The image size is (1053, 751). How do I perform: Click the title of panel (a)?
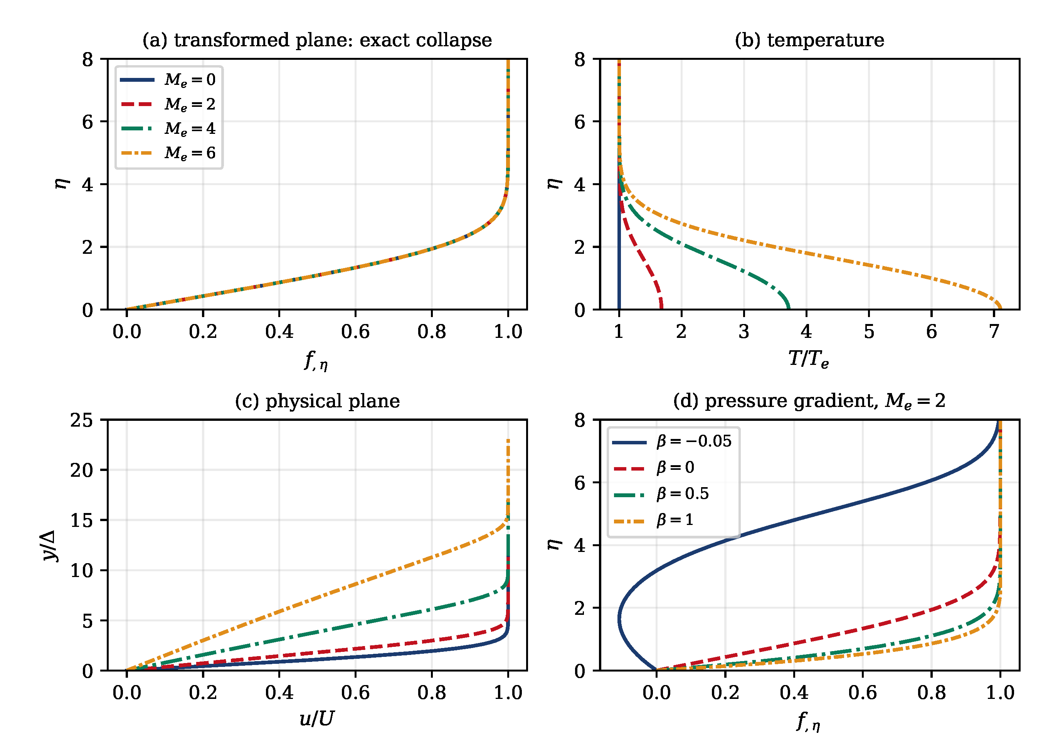pyautogui.click(x=317, y=40)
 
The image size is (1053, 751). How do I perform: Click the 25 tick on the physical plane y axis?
pyautogui.click(x=82, y=420)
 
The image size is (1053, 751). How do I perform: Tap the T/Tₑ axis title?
pyautogui.click(x=809, y=358)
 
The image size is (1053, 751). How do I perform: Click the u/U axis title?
pyautogui.click(x=317, y=719)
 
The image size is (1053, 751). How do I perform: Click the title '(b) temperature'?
pyautogui.click(x=809, y=40)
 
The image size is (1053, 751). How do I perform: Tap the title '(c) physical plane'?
pyautogui.click(x=317, y=401)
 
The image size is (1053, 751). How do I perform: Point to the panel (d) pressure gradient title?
pyautogui.click(x=809, y=401)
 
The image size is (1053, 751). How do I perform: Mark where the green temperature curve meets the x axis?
pyautogui.click(x=788, y=309)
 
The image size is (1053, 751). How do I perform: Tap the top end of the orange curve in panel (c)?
pyautogui.click(x=508, y=440)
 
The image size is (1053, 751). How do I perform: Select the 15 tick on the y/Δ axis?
pyautogui.click(x=82, y=520)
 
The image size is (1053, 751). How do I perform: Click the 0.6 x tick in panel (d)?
pyautogui.click(x=863, y=692)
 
